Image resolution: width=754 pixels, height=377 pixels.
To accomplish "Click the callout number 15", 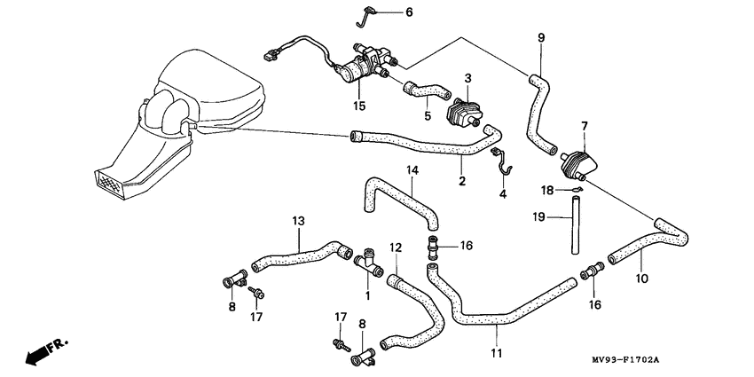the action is pos(359,106).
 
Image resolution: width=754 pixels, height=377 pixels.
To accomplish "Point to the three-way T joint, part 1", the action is pos(369,263).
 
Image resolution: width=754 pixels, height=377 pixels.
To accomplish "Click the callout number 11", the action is pos(496,353).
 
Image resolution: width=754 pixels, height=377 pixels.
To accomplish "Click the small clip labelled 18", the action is pos(577,190).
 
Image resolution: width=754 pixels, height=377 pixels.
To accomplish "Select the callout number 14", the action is pos(412,170).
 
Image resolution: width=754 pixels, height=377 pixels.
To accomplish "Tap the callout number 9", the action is pos(541,37).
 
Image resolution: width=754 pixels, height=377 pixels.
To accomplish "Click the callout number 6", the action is pos(409,12).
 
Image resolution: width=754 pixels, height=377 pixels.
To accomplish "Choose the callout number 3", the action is pos(468,78).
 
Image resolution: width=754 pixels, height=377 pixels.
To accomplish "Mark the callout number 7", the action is pos(585,127).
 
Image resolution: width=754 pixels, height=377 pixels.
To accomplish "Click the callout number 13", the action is pos(299,221).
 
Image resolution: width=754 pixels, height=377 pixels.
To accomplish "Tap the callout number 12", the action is pos(396,247).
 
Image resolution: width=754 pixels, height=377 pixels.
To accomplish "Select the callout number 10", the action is pos(642,278).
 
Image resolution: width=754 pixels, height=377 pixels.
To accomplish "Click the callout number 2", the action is pos(461,181).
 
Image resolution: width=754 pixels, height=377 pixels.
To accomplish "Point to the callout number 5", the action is pos(428,115).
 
